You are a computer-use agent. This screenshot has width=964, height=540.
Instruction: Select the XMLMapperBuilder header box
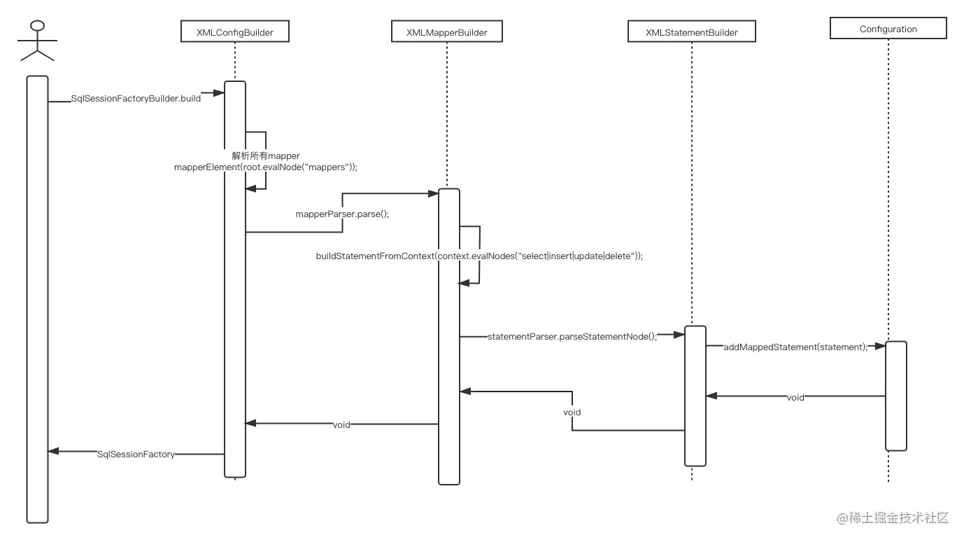[446, 32]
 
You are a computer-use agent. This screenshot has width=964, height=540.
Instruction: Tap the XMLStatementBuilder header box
[691, 32]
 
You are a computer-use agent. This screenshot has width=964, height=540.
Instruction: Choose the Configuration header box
[888, 29]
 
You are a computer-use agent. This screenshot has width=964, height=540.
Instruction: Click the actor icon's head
[36, 27]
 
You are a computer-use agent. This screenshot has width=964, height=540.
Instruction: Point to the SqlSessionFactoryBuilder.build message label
[136, 99]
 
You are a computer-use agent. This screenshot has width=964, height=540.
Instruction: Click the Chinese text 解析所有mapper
[266, 155]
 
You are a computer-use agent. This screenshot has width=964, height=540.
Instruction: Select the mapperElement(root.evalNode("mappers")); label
[266, 167]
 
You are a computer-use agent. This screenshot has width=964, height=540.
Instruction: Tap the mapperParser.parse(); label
[342, 213]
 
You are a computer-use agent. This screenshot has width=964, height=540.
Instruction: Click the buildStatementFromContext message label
[479, 256]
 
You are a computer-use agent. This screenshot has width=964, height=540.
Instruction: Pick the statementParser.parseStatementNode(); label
[572, 336]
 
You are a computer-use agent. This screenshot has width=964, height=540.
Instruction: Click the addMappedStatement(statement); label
[795, 347]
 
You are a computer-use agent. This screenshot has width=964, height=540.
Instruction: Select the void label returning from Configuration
[795, 397]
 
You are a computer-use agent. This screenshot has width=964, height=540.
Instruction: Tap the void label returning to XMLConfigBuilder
[341, 424]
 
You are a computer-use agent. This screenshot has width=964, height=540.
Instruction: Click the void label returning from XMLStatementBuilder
[572, 413]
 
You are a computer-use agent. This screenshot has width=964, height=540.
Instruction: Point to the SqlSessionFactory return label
[136, 454]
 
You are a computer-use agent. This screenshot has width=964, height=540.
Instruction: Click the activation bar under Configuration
[895, 396]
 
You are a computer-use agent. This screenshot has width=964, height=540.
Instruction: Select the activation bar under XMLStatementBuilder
[695, 396]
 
